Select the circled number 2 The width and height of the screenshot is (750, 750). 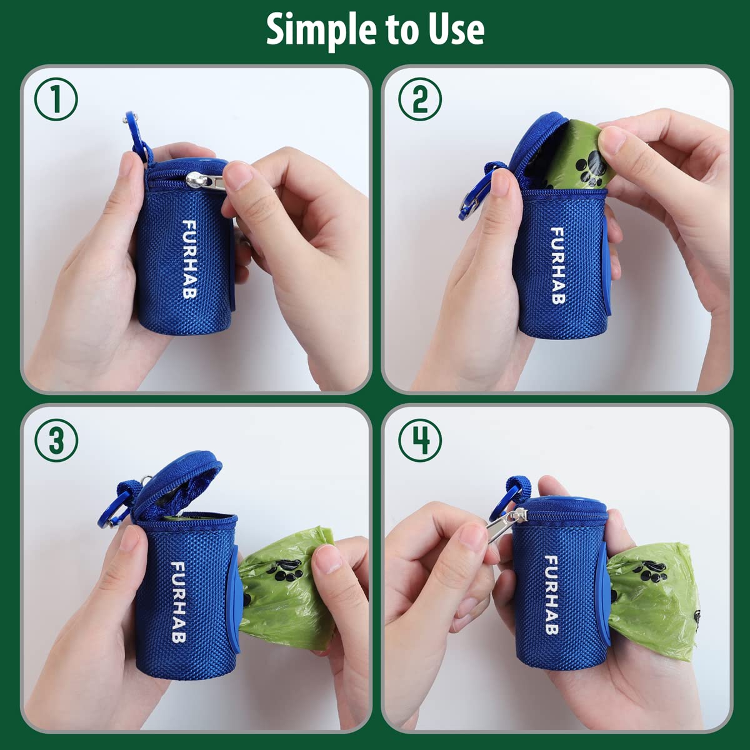tap(419, 100)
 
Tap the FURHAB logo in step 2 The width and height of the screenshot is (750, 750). tap(557, 265)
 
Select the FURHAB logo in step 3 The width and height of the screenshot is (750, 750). tap(179, 602)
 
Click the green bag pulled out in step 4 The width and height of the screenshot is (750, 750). tap(650, 600)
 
